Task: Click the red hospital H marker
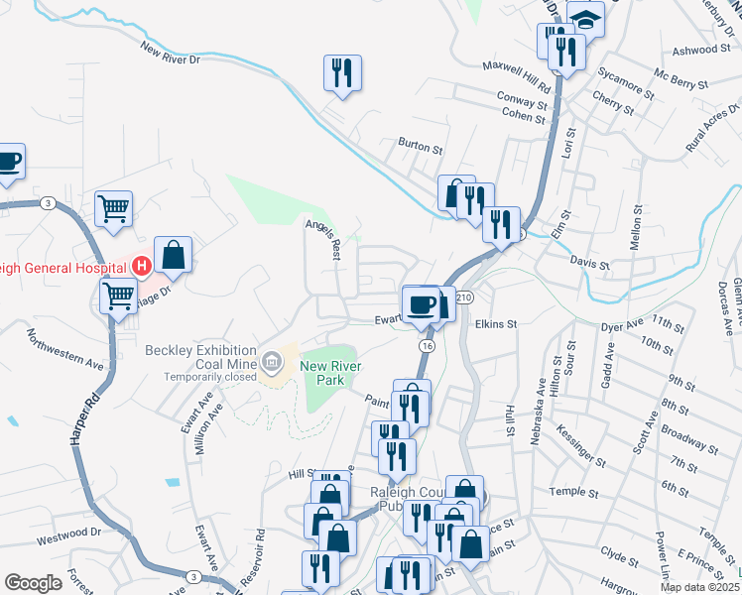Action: coord(141,266)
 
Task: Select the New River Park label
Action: coord(327,373)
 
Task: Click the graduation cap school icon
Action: coord(585,19)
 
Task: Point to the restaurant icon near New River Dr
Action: coord(342,72)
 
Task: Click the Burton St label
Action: coord(420,146)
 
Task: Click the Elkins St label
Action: coord(496,323)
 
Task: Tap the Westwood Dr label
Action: coord(68,534)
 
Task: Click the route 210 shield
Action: coord(466,297)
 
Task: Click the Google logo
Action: coord(33,583)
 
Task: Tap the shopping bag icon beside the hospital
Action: coord(173,255)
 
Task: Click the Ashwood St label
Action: coord(700,50)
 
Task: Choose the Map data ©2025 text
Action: coord(699,587)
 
